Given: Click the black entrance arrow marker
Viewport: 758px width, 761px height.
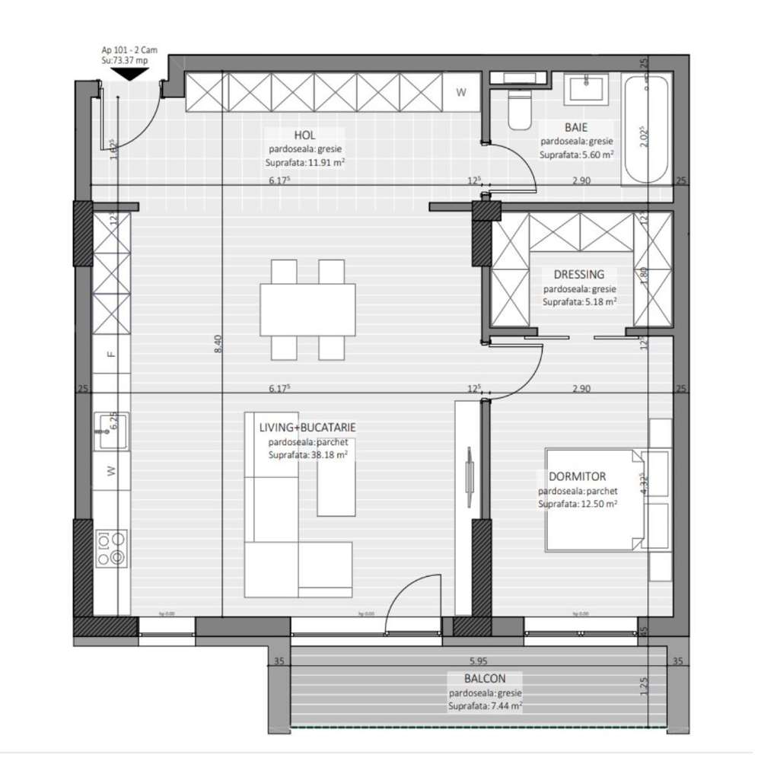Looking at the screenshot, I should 128,74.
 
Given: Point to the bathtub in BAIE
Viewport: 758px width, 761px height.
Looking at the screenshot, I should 646,129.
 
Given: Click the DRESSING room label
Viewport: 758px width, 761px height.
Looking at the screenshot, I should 579,275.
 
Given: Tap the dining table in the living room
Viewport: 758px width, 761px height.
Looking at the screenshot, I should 307,310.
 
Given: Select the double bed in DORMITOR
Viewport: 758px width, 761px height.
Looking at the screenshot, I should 594,499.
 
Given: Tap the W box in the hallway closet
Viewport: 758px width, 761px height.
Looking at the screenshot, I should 461,93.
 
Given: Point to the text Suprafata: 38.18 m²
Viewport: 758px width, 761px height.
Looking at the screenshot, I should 307,455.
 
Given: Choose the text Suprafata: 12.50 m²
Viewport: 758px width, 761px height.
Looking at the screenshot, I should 577,504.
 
